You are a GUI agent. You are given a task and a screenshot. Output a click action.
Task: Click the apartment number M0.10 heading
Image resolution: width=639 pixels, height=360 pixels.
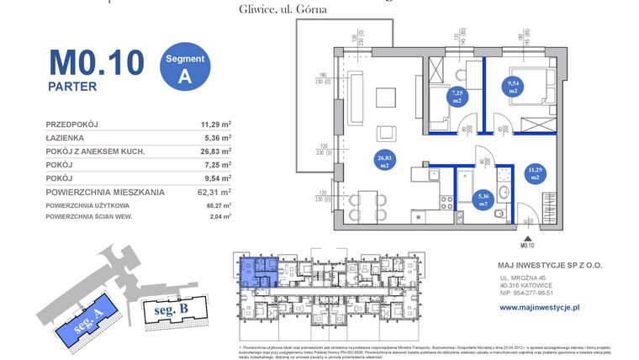(96, 62)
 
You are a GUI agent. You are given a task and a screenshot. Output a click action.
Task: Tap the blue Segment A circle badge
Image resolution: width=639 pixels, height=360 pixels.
(184, 66)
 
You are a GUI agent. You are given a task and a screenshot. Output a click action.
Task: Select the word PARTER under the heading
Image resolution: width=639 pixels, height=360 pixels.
(71, 86)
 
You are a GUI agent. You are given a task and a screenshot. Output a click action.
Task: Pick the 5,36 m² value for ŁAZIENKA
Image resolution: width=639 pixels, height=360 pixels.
(216, 138)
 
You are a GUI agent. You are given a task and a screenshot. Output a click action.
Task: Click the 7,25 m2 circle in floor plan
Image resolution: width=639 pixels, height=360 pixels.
(457, 96)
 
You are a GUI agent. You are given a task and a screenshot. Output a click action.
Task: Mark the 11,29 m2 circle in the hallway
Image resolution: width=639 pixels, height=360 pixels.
(535, 175)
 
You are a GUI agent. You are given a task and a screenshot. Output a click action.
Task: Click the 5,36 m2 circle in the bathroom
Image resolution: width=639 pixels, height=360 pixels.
(482, 200)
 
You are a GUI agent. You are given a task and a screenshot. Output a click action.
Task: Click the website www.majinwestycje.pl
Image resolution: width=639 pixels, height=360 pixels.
(540, 308)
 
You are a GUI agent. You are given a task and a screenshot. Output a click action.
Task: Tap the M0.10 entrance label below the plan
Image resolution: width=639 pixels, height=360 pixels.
(527, 245)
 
